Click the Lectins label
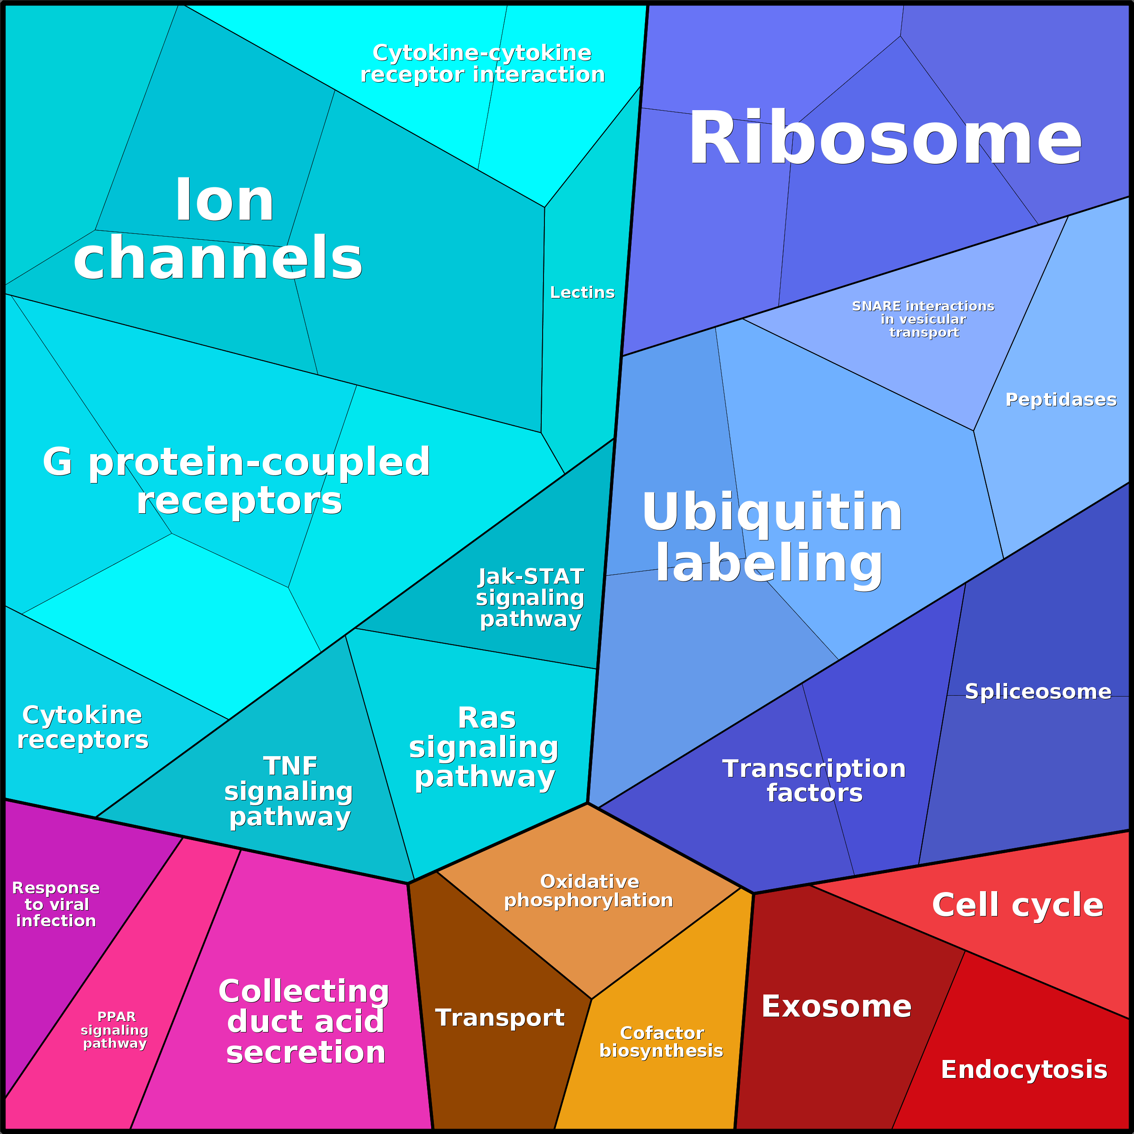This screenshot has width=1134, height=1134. tap(582, 293)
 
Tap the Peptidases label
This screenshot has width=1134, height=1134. tap(1060, 399)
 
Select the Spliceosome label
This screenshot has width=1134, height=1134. tap(1038, 692)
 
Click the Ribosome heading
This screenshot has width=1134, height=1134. tap(884, 139)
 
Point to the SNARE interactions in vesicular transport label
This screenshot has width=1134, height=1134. tap(923, 319)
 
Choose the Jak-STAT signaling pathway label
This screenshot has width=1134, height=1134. tap(530, 598)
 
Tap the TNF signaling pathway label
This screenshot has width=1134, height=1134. tap(289, 791)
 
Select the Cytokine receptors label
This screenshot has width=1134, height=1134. tap(83, 727)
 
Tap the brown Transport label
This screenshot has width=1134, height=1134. tap(499, 1017)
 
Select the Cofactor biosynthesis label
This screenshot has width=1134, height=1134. tap(661, 1041)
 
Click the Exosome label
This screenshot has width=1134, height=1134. tap(837, 1007)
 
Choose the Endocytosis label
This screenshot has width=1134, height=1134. tap(1024, 1069)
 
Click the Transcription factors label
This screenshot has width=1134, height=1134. tap(814, 780)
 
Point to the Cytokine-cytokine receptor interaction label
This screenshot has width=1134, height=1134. tap(483, 63)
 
